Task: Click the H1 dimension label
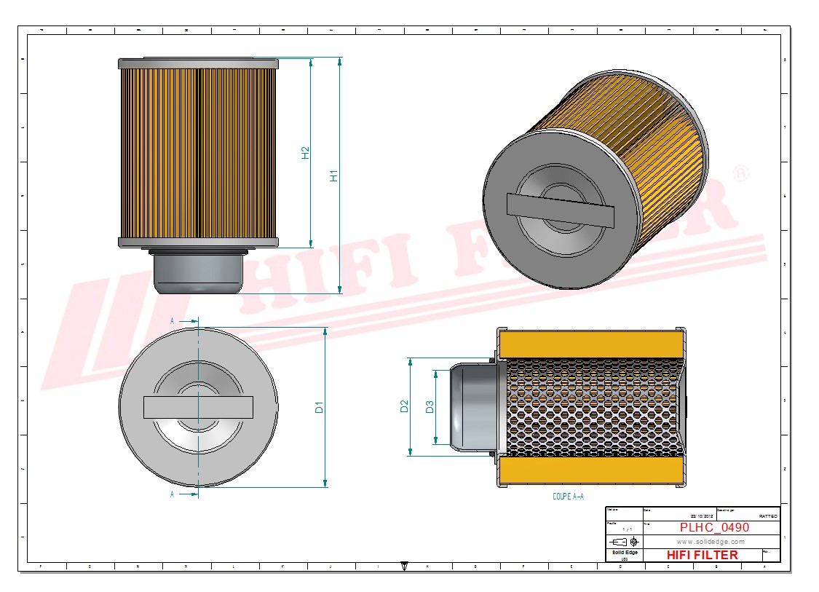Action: [x=333, y=175]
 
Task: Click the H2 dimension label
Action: [x=306, y=153]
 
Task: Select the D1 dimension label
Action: [x=319, y=407]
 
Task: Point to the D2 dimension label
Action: [x=405, y=407]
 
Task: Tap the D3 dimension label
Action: [x=430, y=407]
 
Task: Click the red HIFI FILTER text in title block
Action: [x=702, y=555]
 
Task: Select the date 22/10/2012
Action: [x=702, y=516]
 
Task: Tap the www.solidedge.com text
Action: [x=711, y=542]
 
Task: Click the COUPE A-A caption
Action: [x=568, y=497]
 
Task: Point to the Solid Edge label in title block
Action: [x=624, y=553]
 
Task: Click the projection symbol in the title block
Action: [x=625, y=542]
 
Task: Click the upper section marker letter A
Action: [x=173, y=320]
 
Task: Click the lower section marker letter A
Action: [x=173, y=494]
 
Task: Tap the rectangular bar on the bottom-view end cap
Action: [x=198, y=407]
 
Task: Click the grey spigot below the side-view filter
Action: [x=197, y=271]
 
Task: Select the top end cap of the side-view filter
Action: [x=198, y=63]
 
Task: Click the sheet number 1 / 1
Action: [x=627, y=529]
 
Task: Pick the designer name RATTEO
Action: [x=767, y=516]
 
